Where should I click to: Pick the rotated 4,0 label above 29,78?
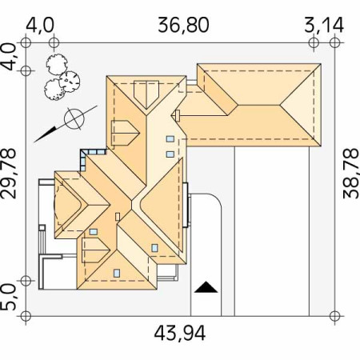point(10,57)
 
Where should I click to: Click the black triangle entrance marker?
point(206,287)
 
